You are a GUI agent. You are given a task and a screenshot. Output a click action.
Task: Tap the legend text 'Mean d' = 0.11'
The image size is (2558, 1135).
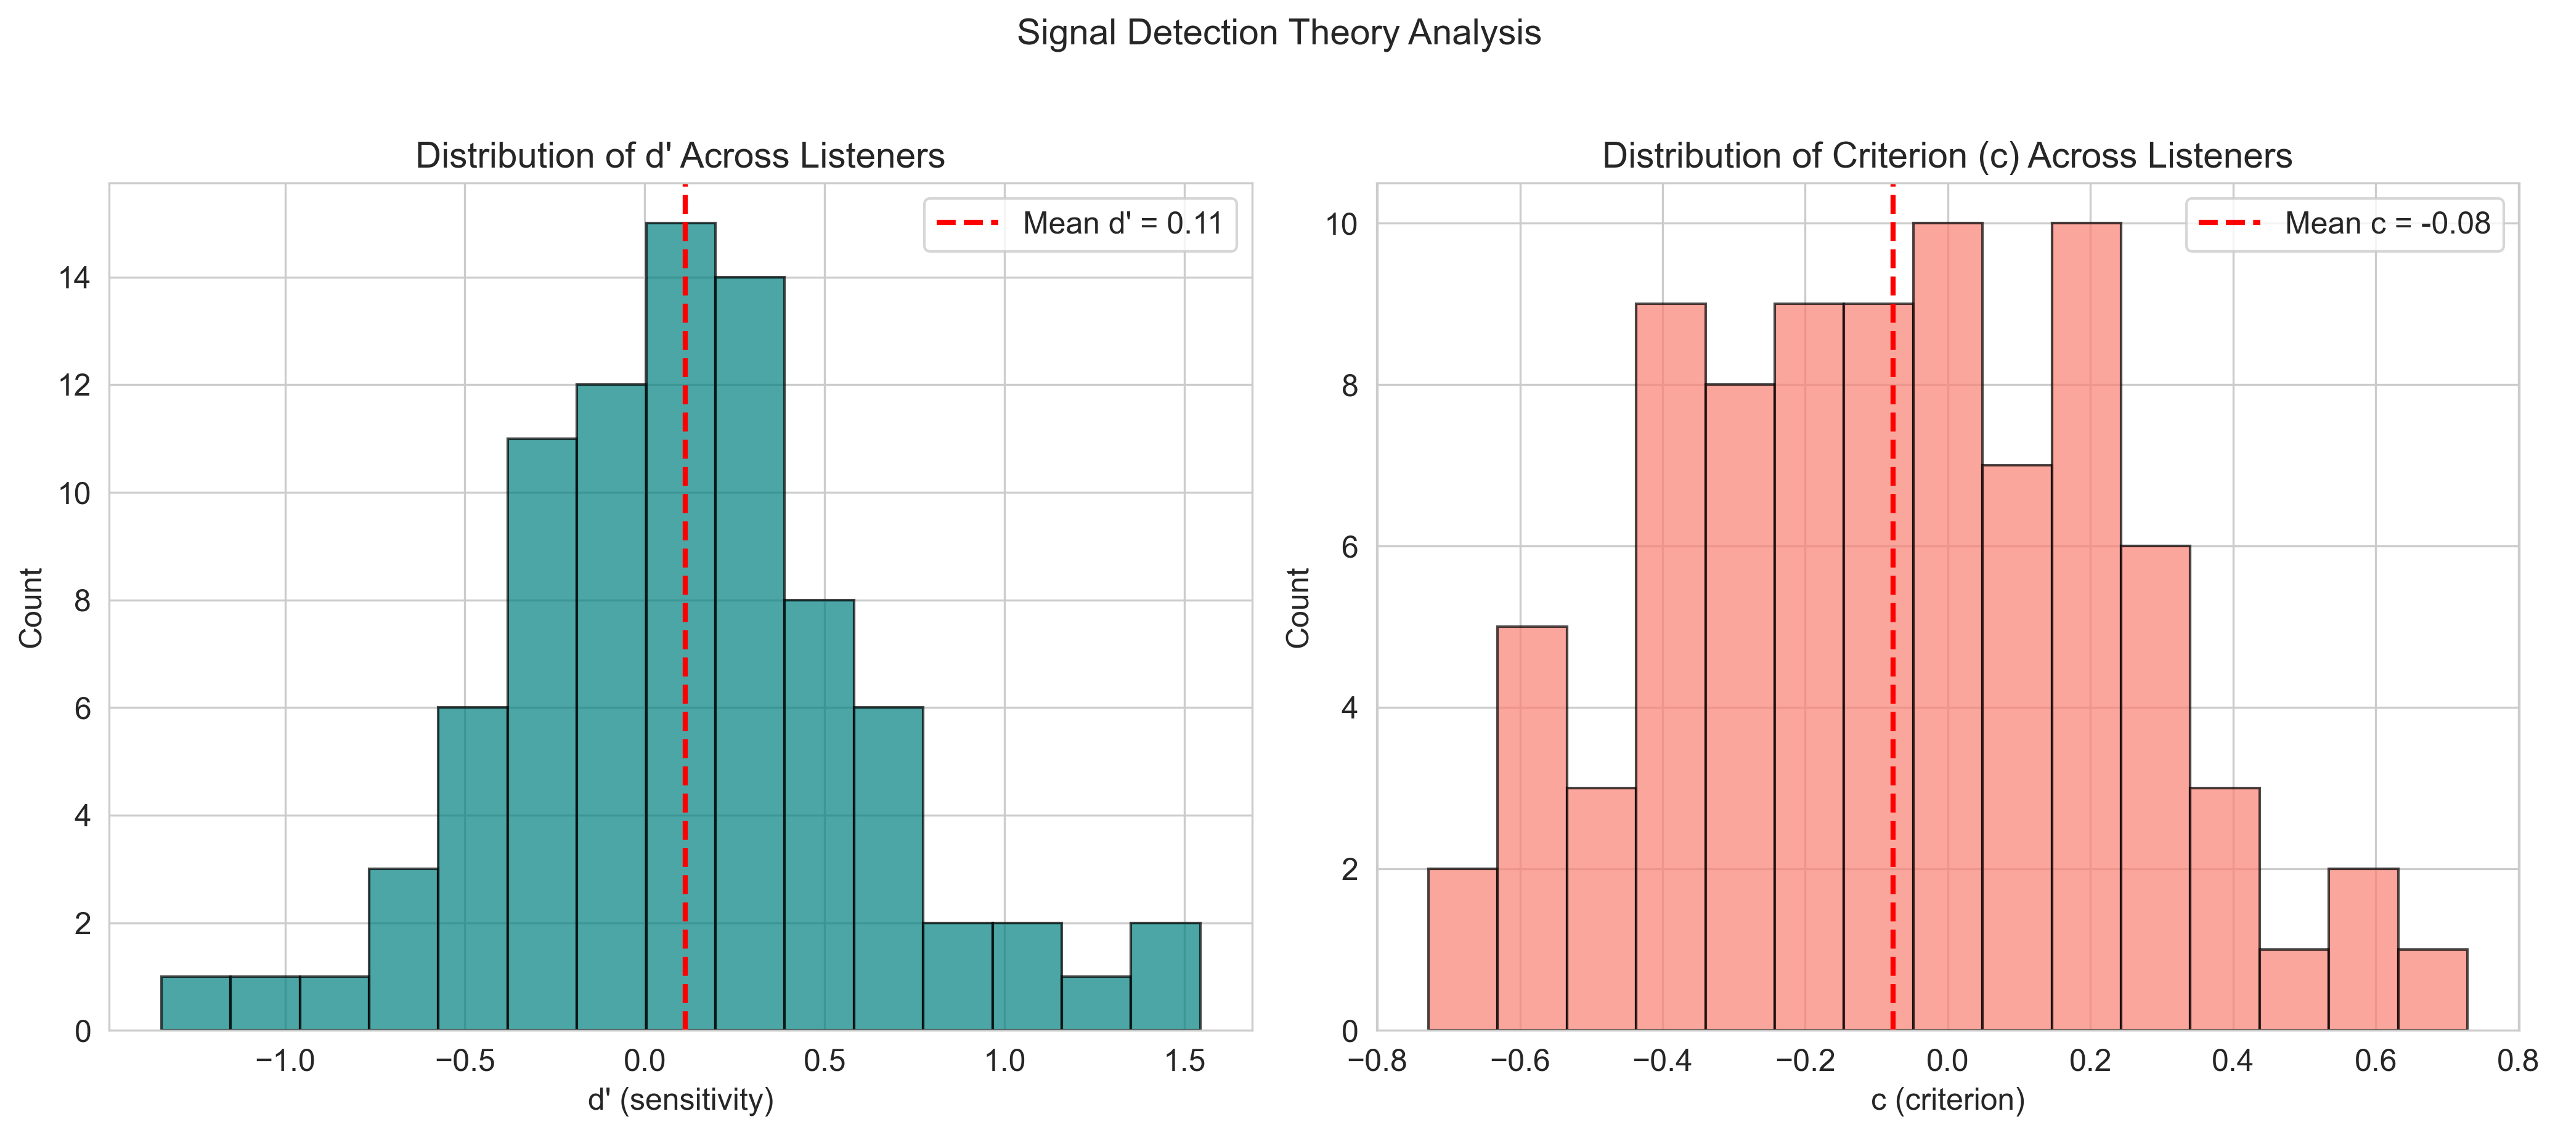1122,224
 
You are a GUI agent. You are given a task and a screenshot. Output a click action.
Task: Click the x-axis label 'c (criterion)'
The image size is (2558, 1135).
1947,1099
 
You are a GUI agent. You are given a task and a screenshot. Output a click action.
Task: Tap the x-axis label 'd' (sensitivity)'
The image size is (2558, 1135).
680,1099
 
